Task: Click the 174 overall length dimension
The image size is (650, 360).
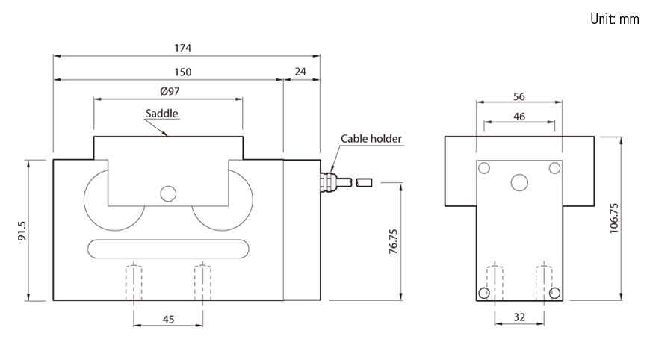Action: click(183, 48)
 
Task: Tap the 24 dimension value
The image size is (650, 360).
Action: click(302, 72)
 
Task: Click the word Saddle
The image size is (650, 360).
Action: click(162, 114)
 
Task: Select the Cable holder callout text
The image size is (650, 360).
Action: click(371, 139)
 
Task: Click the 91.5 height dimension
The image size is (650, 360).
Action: click(23, 230)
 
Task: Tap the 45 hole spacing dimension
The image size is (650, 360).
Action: click(168, 320)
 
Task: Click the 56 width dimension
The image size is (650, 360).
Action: click(519, 96)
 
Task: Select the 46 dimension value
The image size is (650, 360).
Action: click(519, 117)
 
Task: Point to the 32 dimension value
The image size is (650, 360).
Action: click(519, 317)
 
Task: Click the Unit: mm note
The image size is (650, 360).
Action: click(614, 19)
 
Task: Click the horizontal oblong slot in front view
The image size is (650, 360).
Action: click(168, 247)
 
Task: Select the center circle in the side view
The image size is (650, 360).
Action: click(519, 181)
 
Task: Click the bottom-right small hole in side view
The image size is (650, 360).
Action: click(554, 292)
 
